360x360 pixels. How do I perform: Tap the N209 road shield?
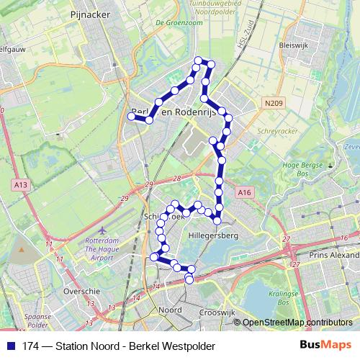(x=273, y=104)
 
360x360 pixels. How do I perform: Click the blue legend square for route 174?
(x=9, y=346)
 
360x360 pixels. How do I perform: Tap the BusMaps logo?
(x=325, y=345)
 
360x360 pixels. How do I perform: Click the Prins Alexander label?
(x=332, y=254)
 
